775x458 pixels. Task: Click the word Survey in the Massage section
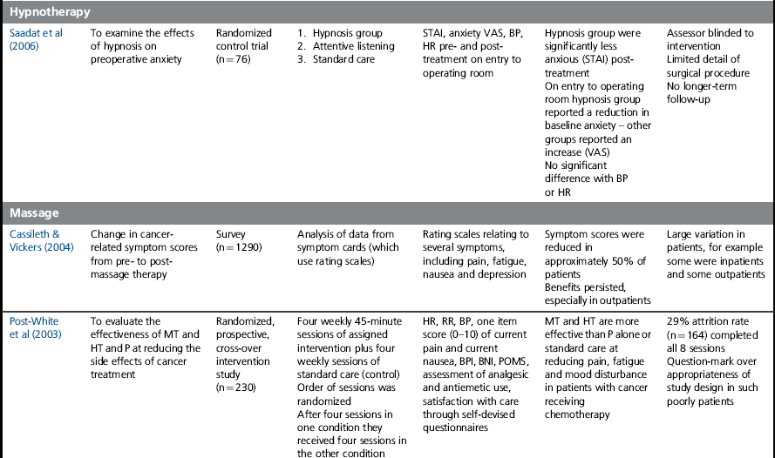(x=232, y=234)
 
